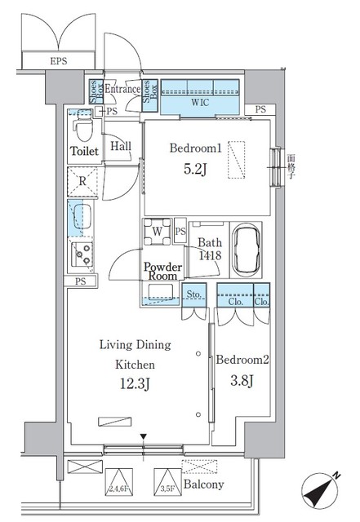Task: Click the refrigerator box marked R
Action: coord(82,181)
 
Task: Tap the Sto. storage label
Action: coord(194,295)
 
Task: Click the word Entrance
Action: coord(122,89)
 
